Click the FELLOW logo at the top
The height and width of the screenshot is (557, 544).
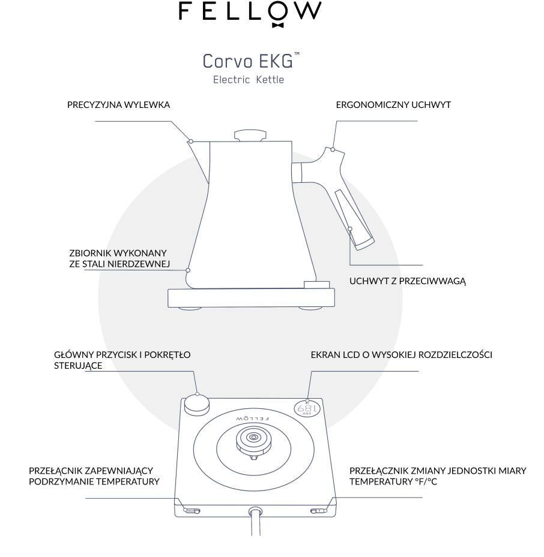click(x=250, y=14)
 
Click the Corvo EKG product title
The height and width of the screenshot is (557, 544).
click(x=251, y=61)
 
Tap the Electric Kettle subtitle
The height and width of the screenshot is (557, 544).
click(x=249, y=80)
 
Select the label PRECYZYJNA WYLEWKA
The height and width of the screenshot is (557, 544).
click(x=118, y=105)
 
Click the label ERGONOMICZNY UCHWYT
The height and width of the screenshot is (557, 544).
click(x=393, y=105)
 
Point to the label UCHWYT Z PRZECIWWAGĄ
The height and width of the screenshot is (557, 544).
click(x=408, y=281)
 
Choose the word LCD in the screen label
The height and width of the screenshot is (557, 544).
click(x=351, y=354)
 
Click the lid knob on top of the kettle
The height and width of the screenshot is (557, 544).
click(x=250, y=136)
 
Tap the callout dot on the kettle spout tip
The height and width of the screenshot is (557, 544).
click(x=191, y=141)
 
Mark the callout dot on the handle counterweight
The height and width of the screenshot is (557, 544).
click(x=349, y=229)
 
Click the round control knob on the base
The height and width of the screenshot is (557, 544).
click(x=196, y=405)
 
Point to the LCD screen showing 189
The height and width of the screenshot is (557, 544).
click(x=307, y=409)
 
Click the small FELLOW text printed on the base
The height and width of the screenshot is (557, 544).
click(x=252, y=419)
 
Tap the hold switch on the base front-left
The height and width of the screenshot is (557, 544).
click(x=192, y=511)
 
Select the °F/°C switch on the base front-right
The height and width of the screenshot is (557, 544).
click(x=319, y=511)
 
